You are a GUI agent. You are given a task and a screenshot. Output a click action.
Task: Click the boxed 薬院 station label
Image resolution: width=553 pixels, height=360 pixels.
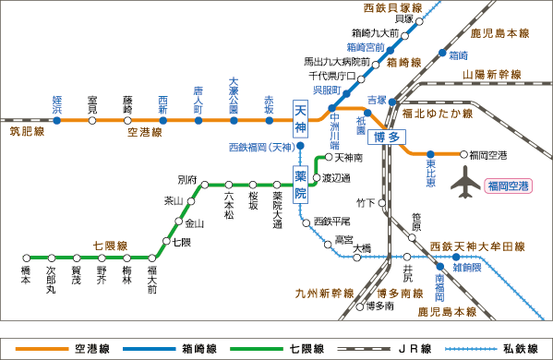pos(300,184)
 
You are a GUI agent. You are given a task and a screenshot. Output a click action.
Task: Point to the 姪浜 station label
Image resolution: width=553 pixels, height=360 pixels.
pos(56,102)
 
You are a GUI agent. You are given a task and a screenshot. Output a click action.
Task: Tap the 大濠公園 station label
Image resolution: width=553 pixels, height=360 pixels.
pos(234,95)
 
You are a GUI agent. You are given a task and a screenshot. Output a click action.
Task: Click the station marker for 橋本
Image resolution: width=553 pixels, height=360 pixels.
pos(26,258)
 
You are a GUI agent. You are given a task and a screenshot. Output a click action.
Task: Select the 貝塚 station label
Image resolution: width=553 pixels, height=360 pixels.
pos(403,18)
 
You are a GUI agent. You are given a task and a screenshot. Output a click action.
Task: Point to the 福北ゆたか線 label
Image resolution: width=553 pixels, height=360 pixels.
pos(437,113)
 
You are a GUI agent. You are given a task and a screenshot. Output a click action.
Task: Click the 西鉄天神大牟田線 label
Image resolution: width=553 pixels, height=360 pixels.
pos(476,246)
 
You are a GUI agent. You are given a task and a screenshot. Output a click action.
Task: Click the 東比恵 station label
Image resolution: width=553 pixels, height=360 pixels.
pos(430,176)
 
